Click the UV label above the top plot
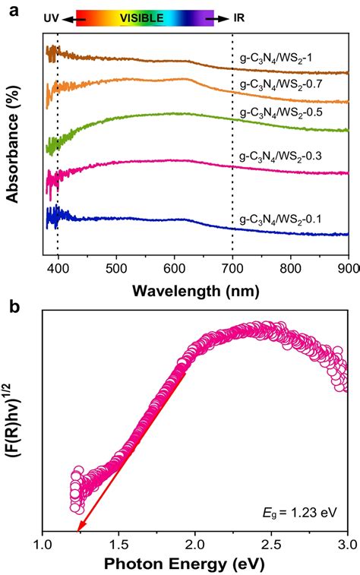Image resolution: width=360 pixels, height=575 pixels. coord(51,16)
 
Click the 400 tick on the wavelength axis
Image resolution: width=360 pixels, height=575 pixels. coord(58,267)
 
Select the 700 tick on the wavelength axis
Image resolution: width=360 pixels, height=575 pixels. coord(232,267)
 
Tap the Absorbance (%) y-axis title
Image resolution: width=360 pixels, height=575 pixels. coord(13,144)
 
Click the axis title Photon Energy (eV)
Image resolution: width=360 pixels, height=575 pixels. coord(195,565)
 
